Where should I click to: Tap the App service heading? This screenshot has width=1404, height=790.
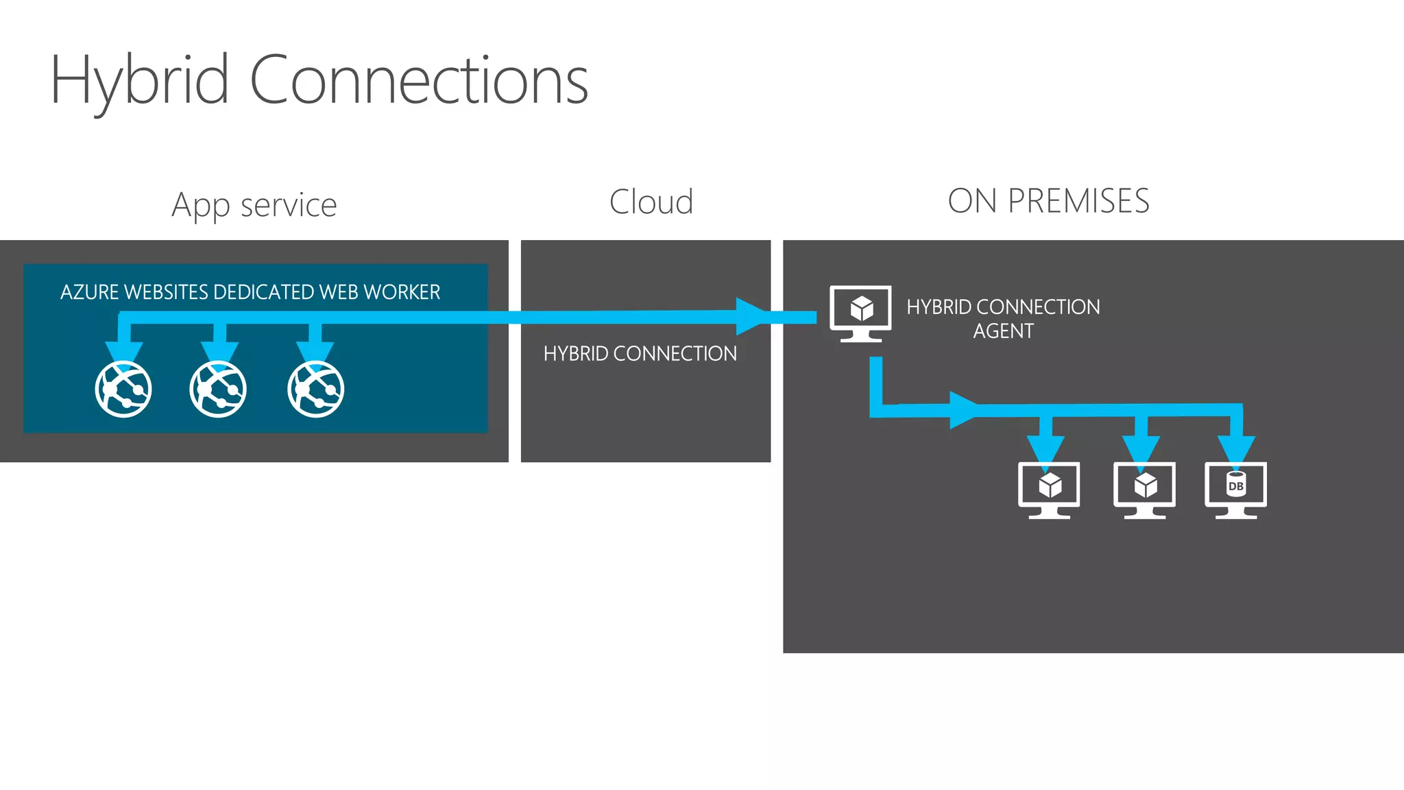[x=254, y=204]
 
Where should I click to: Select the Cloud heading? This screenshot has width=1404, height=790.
[x=651, y=202]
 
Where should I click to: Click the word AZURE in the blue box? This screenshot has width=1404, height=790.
[x=90, y=292]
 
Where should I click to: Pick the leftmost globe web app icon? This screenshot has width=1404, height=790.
[x=123, y=389]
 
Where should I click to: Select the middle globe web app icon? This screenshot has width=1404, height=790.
[x=218, y=389]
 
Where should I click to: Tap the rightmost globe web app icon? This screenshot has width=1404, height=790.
[x=315, y=389]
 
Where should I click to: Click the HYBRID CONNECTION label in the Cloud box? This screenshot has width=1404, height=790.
[x=640, y=354]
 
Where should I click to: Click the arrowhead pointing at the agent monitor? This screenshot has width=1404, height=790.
[x=751, y=316]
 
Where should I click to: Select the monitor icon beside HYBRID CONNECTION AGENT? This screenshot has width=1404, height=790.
[x=860, y=313]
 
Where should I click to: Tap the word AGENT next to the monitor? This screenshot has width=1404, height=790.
[x=1003, y=331]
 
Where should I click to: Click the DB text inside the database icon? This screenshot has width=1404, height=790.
[x=1236, y=486]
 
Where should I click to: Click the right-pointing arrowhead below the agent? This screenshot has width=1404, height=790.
[x=964, y=410]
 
